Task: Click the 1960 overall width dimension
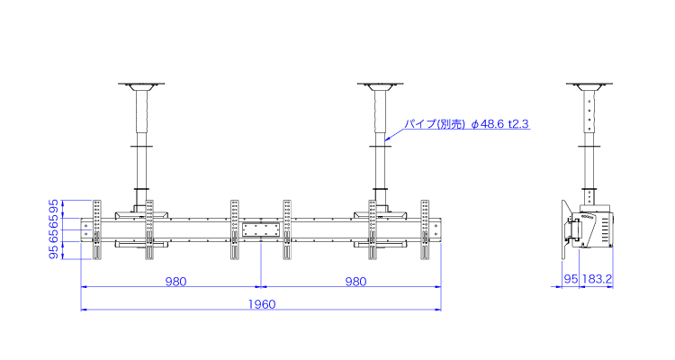point(262,304)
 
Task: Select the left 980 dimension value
point(175,282)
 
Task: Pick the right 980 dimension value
point(355,282)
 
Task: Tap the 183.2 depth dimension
point(597,279)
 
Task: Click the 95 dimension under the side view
point(571,279)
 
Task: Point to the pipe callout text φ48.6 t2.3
point(499,124)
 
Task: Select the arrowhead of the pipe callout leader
point(387,139)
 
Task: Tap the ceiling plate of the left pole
point(141,84)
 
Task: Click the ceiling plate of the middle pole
point(380,84)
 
